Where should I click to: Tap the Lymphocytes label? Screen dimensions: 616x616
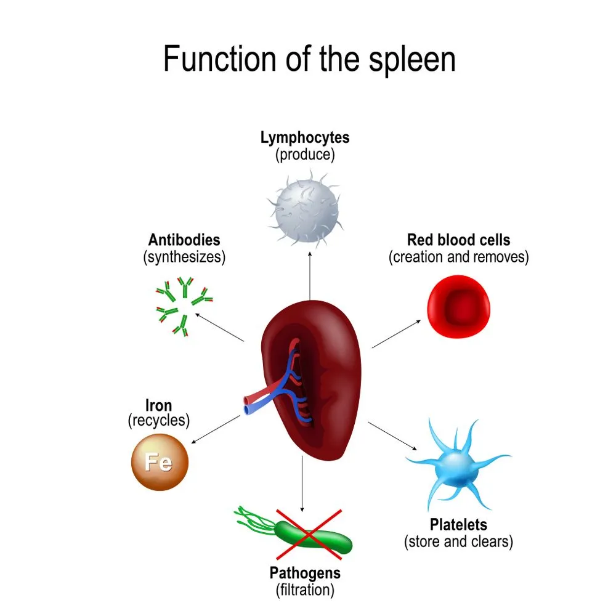[x=305, y=137]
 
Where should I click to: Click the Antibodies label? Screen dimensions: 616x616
[x=184, y=240]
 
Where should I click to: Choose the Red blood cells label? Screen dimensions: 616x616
[x=459, y=240]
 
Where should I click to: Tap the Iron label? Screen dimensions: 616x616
[x=158, y=406]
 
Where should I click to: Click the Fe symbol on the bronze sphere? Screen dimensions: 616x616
[x=158, y=461]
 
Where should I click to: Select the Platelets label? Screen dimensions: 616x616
[x=459, y=525]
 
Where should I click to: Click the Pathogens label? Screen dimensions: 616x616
[x=305, y=573]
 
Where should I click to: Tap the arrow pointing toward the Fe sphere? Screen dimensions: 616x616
[x=216, y=429]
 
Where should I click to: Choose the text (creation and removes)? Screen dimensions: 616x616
[x=459, y=257]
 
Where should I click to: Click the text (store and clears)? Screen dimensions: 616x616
[x=459, y=542]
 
